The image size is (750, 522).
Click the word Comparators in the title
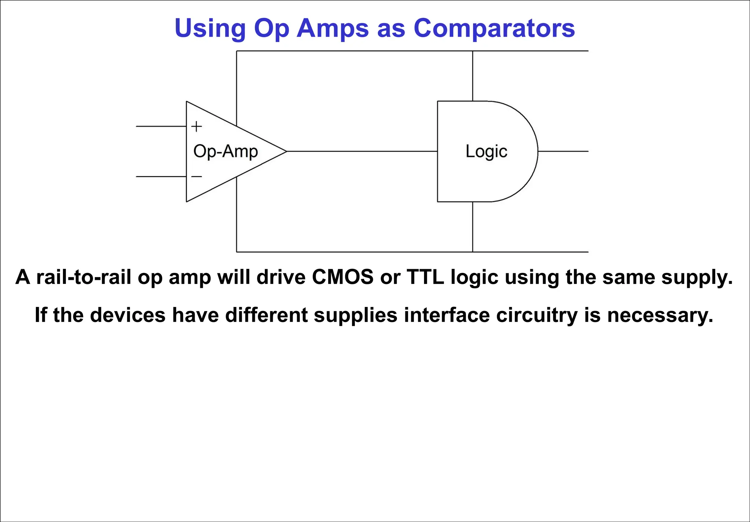tap(494, 29)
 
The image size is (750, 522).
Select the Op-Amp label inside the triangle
tap(226, 151)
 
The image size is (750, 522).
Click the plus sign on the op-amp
tap(197, 126)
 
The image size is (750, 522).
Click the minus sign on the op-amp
tap(197, 177)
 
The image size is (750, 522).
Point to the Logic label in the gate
tap(486, 151)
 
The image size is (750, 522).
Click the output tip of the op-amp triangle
tap(286, 151)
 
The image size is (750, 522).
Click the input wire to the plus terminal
tap(161, 126)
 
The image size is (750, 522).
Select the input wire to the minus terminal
tap(161, 177)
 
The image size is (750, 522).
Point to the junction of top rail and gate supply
tap(472, 51)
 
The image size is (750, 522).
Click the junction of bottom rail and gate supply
tap(472, 252)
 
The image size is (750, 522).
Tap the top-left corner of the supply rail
tap(237, 51)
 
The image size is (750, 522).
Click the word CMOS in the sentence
tap(343, 277)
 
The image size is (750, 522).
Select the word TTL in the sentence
tap(426, 277)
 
